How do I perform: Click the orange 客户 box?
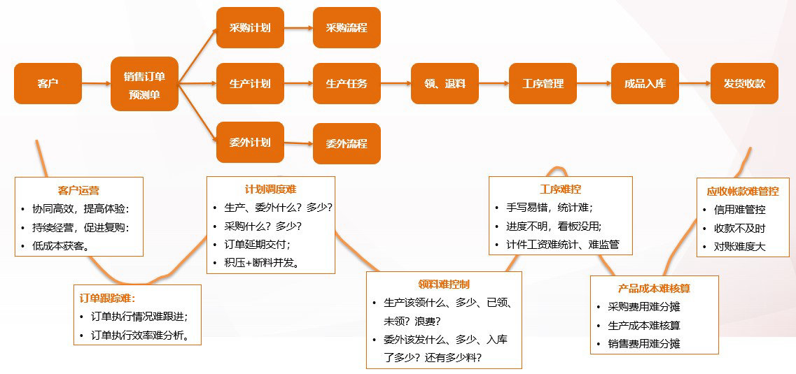(x=48, y=84)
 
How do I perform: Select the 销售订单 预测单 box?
(x=144, y=84)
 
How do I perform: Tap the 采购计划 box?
(x=250, y=28)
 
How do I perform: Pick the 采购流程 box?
(x=347, y=28)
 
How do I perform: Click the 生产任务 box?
(x=347, y=84)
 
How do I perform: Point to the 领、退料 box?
(x=445, y=84)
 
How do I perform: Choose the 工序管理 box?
(x=543, y=84)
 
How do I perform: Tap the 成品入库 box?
(x=645, y=84)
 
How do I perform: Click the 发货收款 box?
(x=744, y=84)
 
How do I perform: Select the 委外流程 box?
(x=347, y=144)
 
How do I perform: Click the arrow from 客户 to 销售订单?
(x=96, y=84)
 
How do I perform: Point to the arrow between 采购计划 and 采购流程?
(x=298, y=29)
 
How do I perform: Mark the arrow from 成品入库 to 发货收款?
(x=694, y=84)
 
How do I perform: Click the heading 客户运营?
(x=78, y=190)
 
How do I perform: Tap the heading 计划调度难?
(x=270, y=189)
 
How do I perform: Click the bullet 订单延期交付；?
(x=257, y=245)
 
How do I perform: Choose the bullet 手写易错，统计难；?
(x=549, y=208)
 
